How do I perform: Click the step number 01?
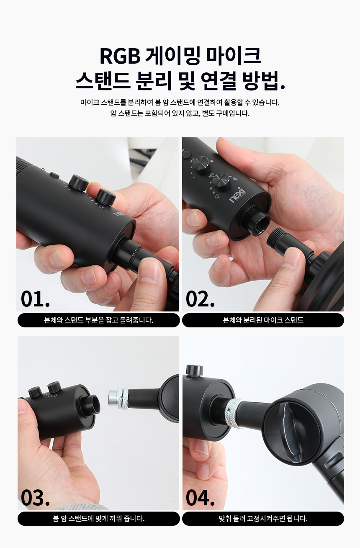click(35, 298)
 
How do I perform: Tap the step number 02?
click(200, 298)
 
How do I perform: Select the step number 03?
click(35, 498)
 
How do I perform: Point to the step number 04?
click(200, 498)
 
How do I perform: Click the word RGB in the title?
click(120, 56)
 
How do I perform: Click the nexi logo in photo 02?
click(237, 195)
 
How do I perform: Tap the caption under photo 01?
click(98, 320)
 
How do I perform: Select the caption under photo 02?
click(263, 320)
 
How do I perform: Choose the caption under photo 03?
click(98, 518)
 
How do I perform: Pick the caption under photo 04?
click(263, 518)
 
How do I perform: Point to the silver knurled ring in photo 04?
click(234, 413)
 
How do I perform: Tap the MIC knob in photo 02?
click(201, 165)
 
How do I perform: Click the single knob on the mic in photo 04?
click(195, 370)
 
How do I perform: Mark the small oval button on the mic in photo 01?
click(54, 175)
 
